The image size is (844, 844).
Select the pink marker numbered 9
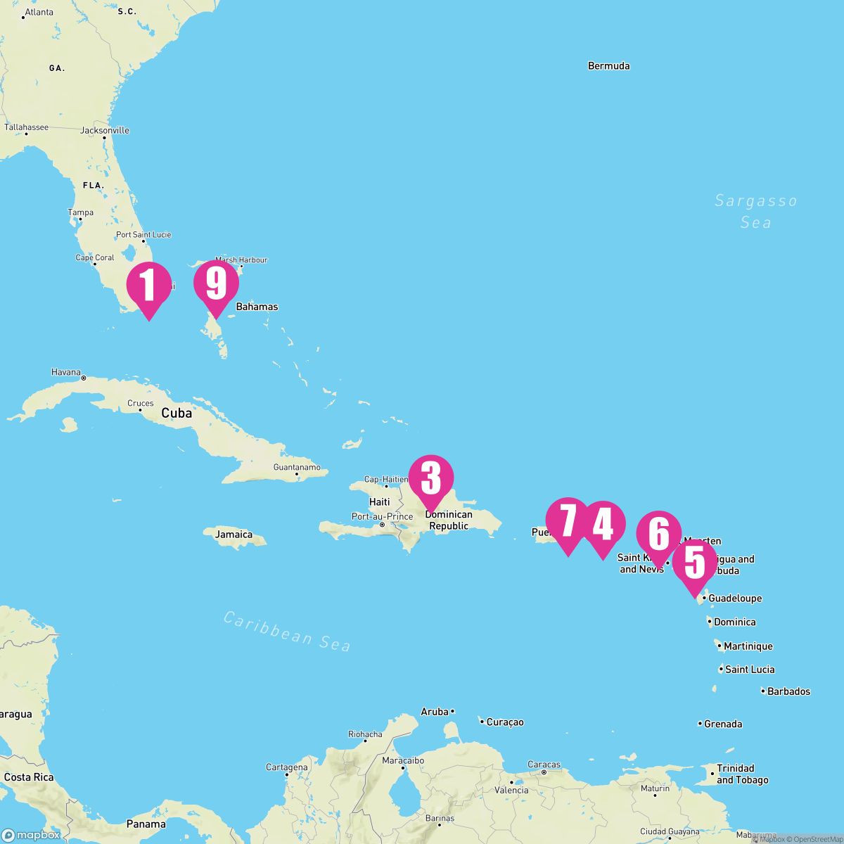[217, 284]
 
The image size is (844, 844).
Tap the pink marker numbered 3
[431, 478]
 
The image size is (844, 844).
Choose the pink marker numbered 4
[603, 525]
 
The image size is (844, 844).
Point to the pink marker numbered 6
[658, 535]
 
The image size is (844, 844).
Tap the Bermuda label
[608, 66]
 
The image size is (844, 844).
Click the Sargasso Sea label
[756, 212]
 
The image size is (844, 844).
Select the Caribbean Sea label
[287, 631]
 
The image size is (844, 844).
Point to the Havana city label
[66, 372]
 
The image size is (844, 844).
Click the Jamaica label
[234, 535]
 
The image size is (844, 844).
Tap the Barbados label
[788, 691]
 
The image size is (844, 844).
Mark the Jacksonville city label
[105, 130]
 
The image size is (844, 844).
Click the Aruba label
[435, 712]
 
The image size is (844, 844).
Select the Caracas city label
[544, 765]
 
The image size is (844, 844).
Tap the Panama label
[146, 824]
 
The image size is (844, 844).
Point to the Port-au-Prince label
[383, 516]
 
